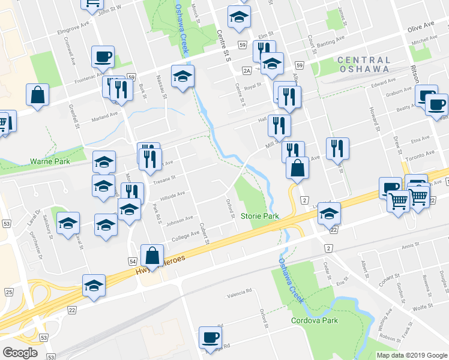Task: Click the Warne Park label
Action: click(50, 161)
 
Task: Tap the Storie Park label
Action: click(260, 215)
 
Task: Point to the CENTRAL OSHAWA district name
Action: click(363, 64)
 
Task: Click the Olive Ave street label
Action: click(420, 28)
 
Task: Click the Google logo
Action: click(20, 352)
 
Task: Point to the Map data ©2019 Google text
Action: click(412, 355)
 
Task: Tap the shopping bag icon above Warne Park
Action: click(37, 95)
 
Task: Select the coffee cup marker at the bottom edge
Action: click(211, 337)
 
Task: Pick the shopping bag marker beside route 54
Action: click(152, 255)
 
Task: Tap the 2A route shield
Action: click(247, 71)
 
